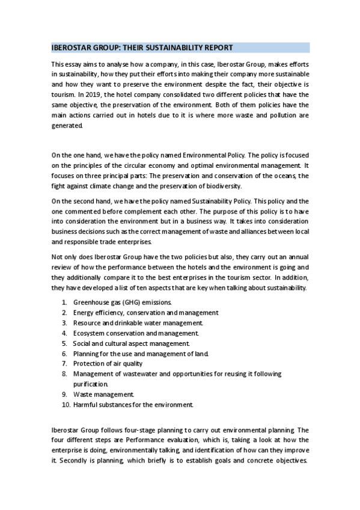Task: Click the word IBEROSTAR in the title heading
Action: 70,48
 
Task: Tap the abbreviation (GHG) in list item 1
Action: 130,302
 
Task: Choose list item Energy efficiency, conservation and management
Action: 145,312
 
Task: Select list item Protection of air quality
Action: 108,363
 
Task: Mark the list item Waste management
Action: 103,394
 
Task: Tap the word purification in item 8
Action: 90,384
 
